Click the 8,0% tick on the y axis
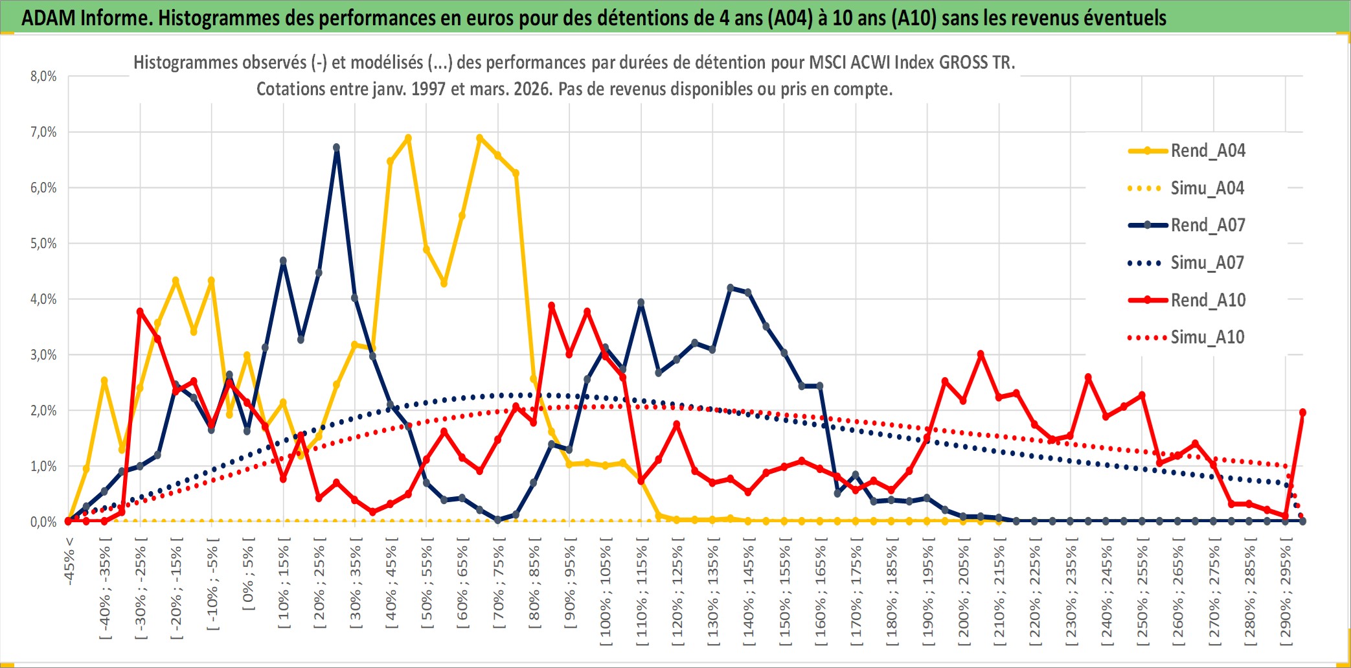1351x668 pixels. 43,76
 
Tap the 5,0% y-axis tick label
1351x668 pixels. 43,244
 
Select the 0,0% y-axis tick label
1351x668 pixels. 43,522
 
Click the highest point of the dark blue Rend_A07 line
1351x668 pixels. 336,148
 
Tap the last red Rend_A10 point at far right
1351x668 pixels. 1302,412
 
